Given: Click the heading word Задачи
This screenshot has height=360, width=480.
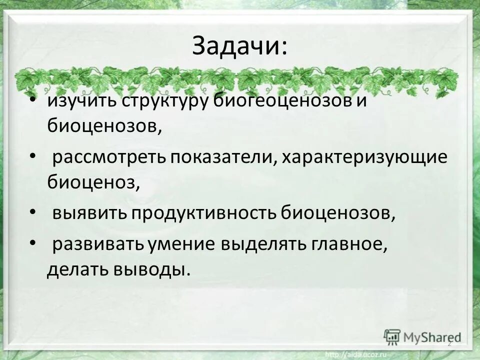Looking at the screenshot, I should point(239,47).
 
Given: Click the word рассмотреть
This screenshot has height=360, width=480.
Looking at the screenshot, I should point(108,158).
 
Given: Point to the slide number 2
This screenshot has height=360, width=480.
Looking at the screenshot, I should point(449,344).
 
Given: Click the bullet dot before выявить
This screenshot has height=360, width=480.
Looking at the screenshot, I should point(33,212).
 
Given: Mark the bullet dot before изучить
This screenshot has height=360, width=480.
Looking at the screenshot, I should point(33,99).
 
